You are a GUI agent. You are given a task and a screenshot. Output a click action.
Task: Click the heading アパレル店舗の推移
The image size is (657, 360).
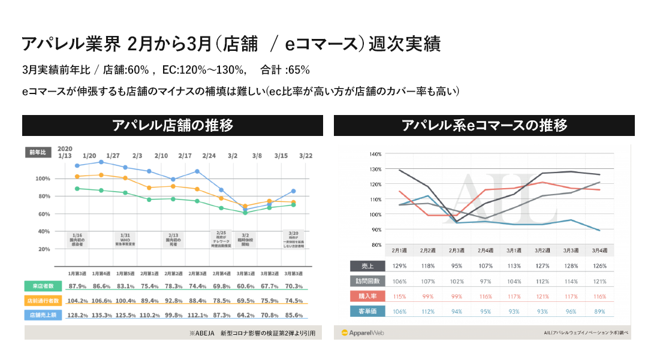tap(173, 125)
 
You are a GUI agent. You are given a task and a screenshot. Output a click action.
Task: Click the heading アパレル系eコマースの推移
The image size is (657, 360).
tap(484, 125)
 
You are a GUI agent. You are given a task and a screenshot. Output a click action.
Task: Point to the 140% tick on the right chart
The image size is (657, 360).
tap(375, 154)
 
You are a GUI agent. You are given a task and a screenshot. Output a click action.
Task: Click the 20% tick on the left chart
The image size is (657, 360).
tap(43, 249)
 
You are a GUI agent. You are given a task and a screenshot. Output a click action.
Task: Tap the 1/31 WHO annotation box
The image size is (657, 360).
tap(125, 239)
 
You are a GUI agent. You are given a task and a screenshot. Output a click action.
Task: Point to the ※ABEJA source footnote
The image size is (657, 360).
tap(251, 332)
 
